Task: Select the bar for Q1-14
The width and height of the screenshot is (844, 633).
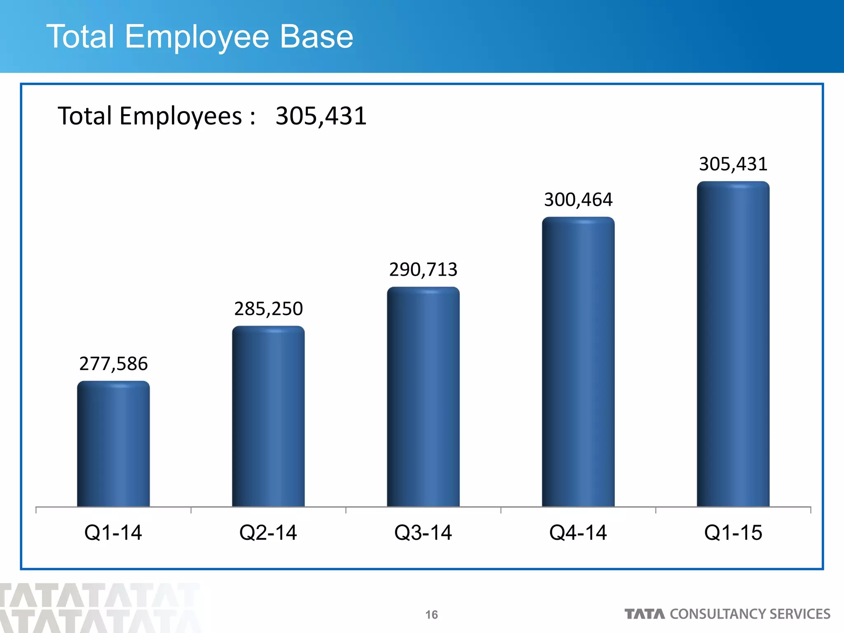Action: (113, 444)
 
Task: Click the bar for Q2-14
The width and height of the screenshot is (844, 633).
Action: (268, 416)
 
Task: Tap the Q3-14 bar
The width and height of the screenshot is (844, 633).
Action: (423, 397)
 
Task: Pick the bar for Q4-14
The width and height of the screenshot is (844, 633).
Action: (578, 362)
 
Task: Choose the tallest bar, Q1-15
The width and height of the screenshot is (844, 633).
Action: (733, 344)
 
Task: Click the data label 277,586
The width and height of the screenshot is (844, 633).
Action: (113, 364)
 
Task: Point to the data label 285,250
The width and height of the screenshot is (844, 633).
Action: (268, 309)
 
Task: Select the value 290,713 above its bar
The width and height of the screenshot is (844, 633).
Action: (423, 270)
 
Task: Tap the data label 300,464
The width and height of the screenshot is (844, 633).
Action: (578, 200)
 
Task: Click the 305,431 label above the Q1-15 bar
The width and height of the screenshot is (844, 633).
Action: (733, 164)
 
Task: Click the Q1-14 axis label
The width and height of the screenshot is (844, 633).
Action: (113, 532)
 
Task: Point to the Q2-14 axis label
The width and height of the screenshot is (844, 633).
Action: (268, 532)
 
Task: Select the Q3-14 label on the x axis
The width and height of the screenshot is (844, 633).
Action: (423, 532)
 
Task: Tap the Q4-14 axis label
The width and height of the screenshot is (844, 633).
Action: (578, 532)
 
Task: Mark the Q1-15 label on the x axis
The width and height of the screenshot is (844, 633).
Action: (733, 532)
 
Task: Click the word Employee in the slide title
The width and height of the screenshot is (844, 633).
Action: (197, 37)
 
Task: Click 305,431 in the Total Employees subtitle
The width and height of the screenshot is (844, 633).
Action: (321, 116)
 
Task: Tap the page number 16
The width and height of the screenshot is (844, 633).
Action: (431, 615)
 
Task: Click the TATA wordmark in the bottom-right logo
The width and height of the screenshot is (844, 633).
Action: (645, 614)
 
